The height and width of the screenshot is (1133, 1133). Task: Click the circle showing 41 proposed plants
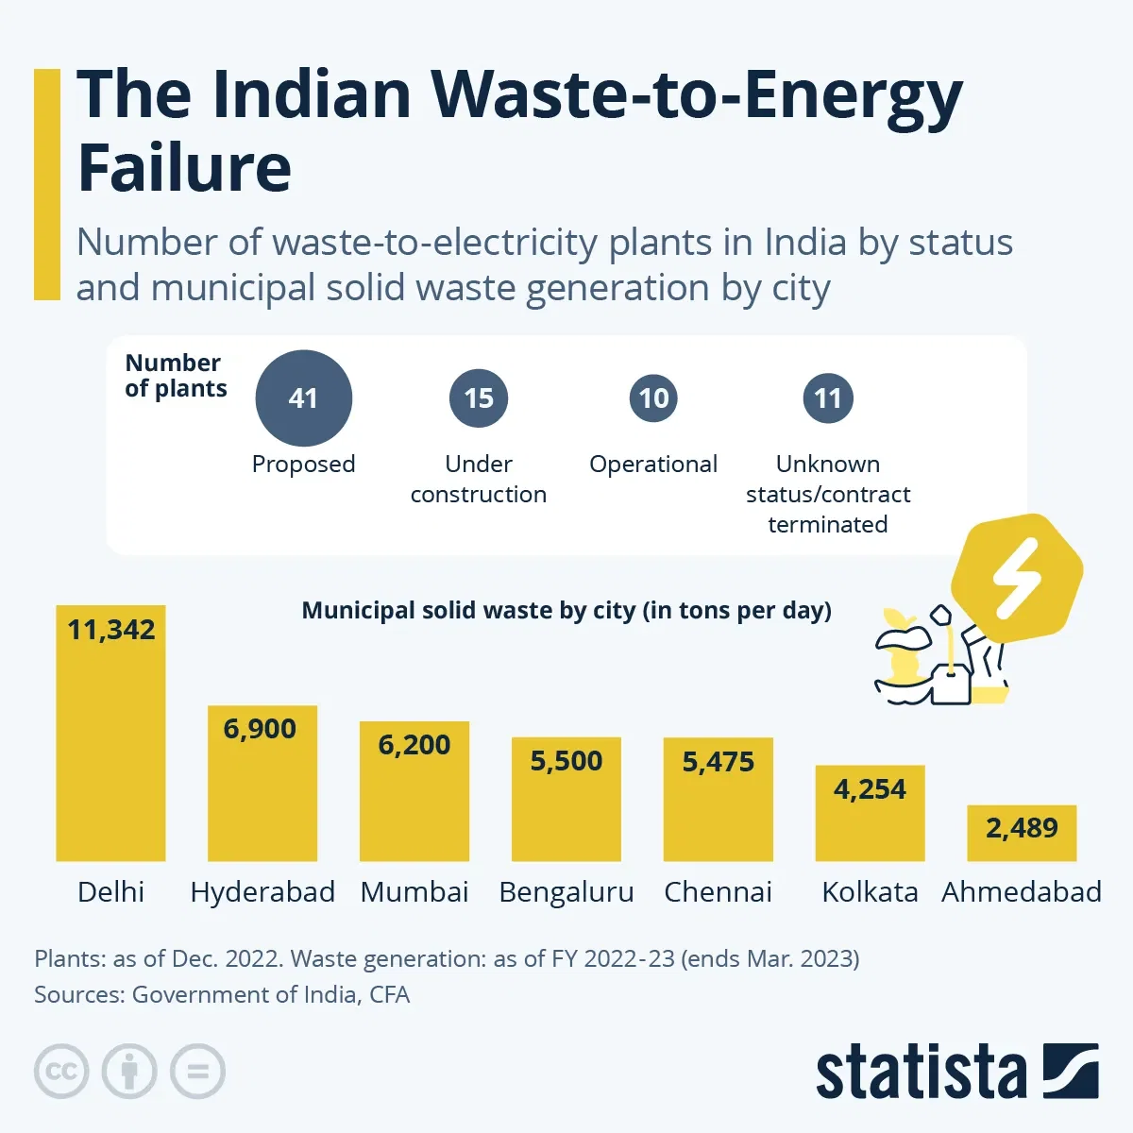[303, 397]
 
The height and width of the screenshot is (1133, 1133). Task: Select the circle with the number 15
[479, 398]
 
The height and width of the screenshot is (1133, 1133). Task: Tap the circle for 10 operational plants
[653, 398]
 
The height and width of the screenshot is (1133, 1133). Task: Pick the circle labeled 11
[828, 398]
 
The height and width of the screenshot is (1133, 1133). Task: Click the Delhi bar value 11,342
[111, 630]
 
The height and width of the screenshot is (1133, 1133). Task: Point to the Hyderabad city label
[262, 892]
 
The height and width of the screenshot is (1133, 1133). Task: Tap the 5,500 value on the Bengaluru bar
[566, 761]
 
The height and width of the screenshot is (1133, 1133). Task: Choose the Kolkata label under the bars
[870, 892]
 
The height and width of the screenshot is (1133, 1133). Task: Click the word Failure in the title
[184, 167]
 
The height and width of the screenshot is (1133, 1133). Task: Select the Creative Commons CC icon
[61, 1072]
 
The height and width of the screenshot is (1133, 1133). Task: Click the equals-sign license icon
[197, 1072]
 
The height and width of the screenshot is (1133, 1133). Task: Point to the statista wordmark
[921, 1074]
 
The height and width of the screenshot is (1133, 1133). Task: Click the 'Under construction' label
[479, 479]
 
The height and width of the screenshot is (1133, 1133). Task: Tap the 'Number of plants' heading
[176, 376]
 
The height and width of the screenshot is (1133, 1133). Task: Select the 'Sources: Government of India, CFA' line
[222, 994]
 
